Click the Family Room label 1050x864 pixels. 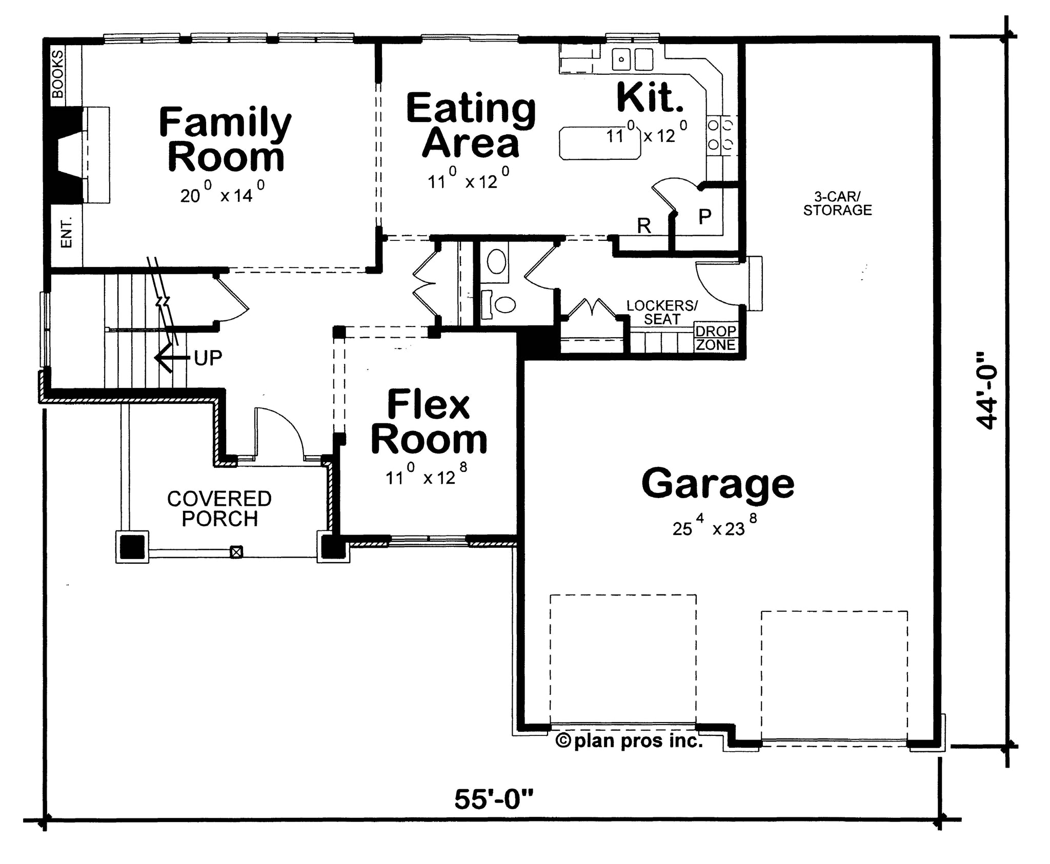(x=226, y=139)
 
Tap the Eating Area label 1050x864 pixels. (x=471, y=126)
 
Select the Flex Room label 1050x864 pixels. (x=429, y=422)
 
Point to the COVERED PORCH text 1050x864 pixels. (x=219, y=508)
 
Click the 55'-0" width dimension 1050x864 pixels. (x=494, y=799)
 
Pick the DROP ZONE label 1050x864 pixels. (x=716, y=338)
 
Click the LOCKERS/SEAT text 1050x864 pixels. (x=662, y=313)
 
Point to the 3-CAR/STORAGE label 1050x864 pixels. (x=837, y=203)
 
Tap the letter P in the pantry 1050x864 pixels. (x=705, y=217)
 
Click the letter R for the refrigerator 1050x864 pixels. (x=644, y=225)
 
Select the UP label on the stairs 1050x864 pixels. (x=208, y=358)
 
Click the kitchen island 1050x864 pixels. (x=600, y=143)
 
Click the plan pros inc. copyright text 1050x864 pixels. (x=630, y=740)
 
